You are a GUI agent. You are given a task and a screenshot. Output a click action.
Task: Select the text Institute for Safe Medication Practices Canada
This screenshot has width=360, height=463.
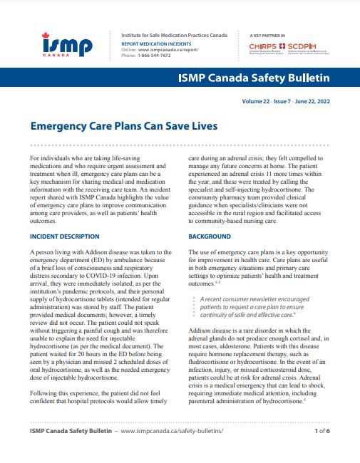pyautogui.click(x=174, y=34)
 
